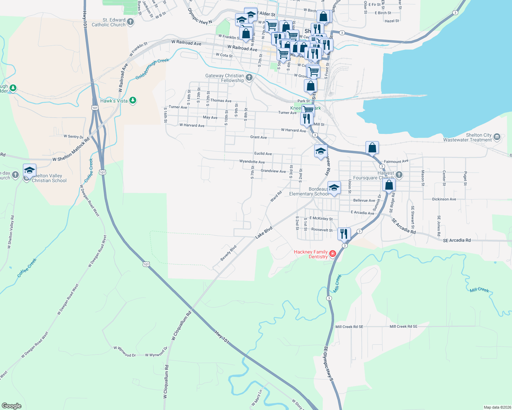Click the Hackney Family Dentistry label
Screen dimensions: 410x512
(x=311, y=254)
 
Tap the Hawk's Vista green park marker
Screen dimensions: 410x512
(x=133, y=100)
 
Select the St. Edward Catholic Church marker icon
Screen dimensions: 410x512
(x=130, y=22)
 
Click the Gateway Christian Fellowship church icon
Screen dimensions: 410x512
(x=249, y=78)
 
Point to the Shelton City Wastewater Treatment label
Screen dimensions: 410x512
(x=467, y=137)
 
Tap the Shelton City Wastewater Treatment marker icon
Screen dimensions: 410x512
(x=497, y=137)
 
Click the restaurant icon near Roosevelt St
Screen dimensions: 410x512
(x=344, y=234)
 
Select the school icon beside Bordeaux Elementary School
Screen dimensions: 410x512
(x=334, y=188)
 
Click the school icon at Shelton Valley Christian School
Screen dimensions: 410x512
(x=30, y=170)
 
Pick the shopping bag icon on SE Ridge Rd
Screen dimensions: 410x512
(x=389, y=185)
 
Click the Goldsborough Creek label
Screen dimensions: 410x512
(x=152, y=69)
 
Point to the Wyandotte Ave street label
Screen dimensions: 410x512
(x=252, y=162)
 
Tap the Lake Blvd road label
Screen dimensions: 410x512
(x=264, y=232)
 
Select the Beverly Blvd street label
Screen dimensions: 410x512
(x=228, y=253)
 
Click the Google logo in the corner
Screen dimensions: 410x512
(x=12, y=406)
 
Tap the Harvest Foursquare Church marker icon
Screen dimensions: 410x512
(x=399, y=175)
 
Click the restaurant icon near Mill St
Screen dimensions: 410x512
(x=307, y=119)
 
